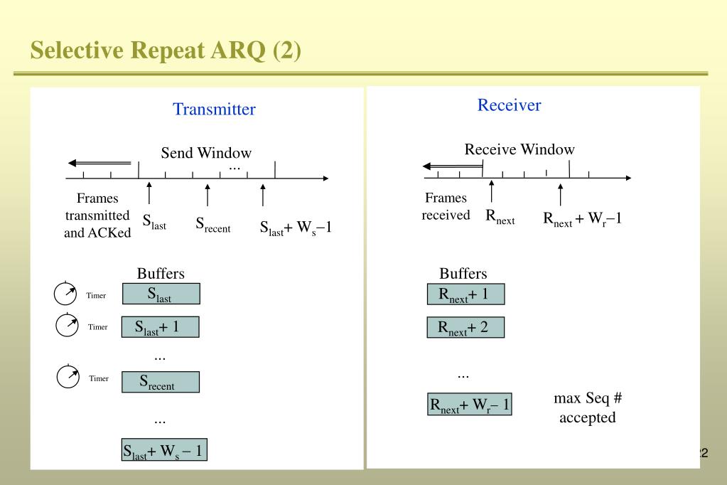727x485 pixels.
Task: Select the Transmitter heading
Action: pyautogui.click(x=214, y=109)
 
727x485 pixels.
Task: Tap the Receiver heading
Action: pyautogui.click(x=509, y=105)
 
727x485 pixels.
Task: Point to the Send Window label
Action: pyautogui.click(x=206, y=153)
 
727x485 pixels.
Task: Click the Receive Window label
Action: pyautogui.click(x=519, y=149)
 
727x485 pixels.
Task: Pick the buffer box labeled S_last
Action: pyautogui.click(x=161, y=294)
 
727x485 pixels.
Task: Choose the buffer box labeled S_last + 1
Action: pyautogui.click(x=161, y=326)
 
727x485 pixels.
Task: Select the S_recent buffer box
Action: pyautogui.click(x=161, y=382)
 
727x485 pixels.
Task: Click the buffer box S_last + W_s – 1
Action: pyautogui.click(x=164, y=449)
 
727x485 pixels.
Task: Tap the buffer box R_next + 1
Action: pyautogui.click(x=465, y=294)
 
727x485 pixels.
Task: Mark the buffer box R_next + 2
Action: pyautogui.click(x=465, y=327)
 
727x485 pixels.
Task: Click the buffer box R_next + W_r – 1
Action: pyautogui.click(x=470, y=405)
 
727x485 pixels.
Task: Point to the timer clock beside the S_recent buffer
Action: pyautogui.click(x=68, y=377)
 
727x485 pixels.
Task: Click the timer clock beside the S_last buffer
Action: pyautogui.click(x=65, y=293)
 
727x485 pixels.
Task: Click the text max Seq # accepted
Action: pyautogui.click(x=587, y=407)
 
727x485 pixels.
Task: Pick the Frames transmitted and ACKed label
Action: pyautogui.click(x=97, y=215)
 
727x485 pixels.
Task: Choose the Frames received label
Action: pyautogui.click(x=446, y=206)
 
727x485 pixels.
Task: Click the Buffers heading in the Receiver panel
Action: pyautogui.click(x=463, y=274)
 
